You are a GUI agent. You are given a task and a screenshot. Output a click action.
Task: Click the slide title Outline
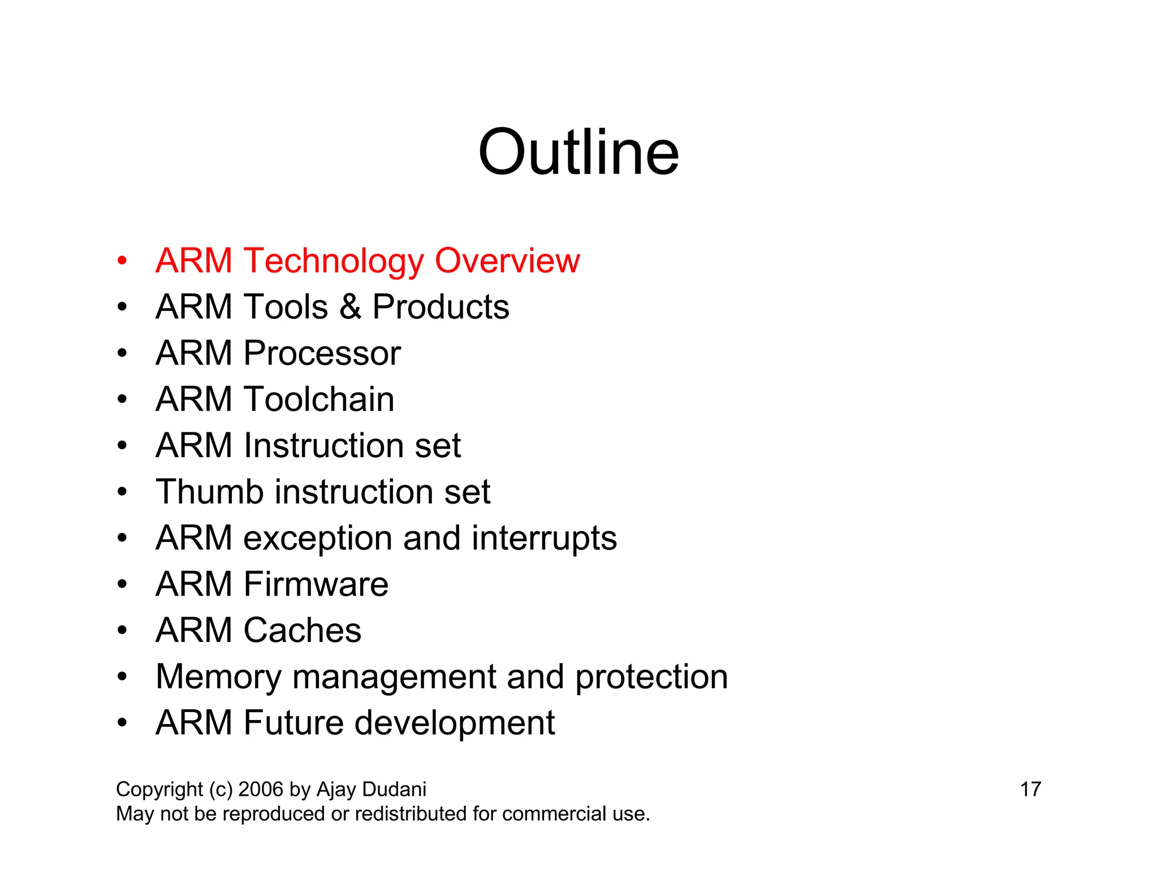pos(578,153)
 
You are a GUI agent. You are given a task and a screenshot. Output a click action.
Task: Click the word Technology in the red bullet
pos(334,261)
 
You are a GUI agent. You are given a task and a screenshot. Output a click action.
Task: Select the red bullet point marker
pos(122,262)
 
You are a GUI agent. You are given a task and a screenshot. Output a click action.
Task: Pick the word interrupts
pos(544,538)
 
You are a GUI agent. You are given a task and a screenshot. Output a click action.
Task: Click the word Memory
pos(218,677)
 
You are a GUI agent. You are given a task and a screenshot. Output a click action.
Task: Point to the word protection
pos(651,677)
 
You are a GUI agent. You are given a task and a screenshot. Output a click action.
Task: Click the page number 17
pos(1030,789)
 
